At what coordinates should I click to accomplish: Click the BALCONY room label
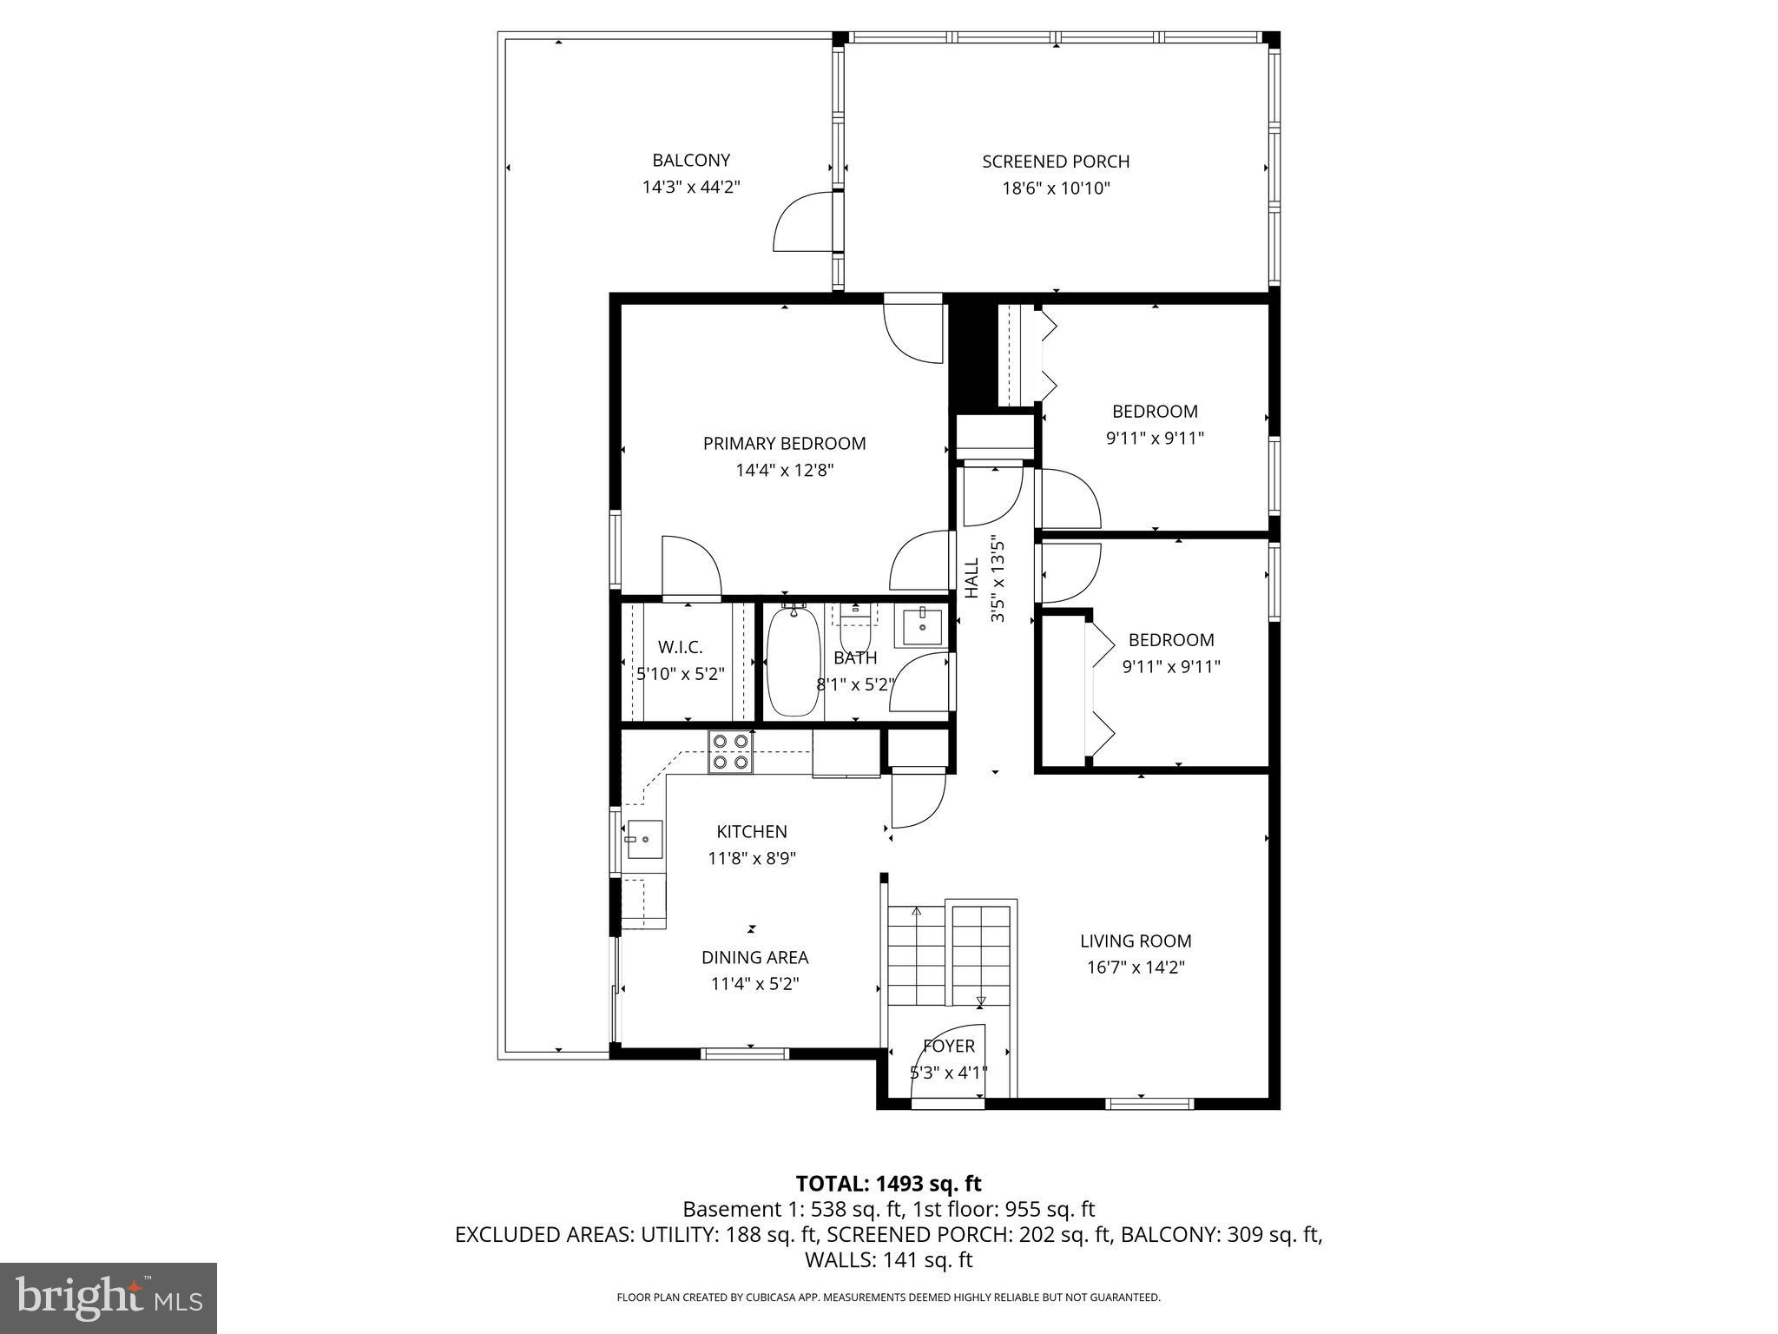pyautogui.click(x=691, y=160)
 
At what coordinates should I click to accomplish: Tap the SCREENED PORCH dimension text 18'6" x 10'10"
pyautogui.click(x=1056, y=188)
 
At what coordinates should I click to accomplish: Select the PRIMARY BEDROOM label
pyautogui.click(x=784, y=443)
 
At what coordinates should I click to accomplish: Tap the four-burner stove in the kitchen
pyautogui.click(x=729, y=752)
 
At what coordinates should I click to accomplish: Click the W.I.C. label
pyautogui.click(x=680, y=647)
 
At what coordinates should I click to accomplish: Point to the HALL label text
pyautogui.click(x=971, y=578)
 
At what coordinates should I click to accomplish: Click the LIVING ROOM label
pyautogui.click(x=1136, y=941)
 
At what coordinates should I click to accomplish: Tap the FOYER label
pyautogui.click(x=949, y=1046)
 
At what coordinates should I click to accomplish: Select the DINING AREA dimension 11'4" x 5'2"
pyautogui.click(x=754, y=984)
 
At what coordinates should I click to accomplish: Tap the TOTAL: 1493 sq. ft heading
pyautogui.click(x=888, y=1183)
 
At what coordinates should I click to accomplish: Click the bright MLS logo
pyautogui.click(x=109, y=1298)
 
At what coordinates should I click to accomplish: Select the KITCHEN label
pyautogui.click(x=751, y=831)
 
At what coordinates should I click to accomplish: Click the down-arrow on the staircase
pyautogui.click(x=981, y=1001)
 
